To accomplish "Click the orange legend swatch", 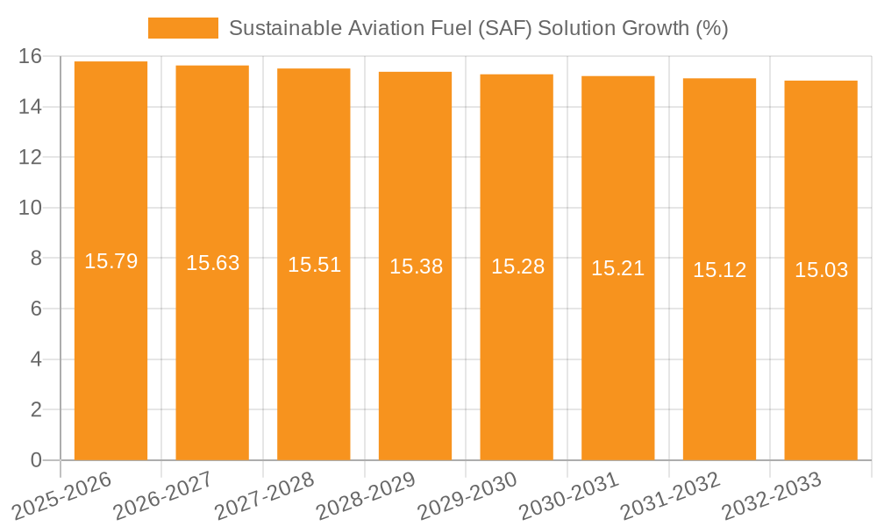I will [x=182, y=28].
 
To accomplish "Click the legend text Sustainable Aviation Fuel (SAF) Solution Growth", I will [x=478, y=28].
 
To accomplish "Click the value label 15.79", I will [x=111, y=261].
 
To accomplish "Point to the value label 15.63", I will [x=212, y=263].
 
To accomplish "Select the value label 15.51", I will [x=314, y=265].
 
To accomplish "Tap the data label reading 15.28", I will [x=517, y=267].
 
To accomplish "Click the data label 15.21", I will [x=617, y=268].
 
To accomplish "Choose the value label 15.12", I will [x=719, y=270].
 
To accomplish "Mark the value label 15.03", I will [x=821, y=270].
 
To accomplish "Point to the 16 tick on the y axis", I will [x=30, y=56].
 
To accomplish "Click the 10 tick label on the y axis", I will [x=30, y=208].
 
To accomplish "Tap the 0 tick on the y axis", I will [x=35, y=460].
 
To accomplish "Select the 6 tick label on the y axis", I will [x=35, y=309].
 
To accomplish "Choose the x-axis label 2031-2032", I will [x=671, y=496].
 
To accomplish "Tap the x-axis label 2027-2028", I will [x=265, y=496].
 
